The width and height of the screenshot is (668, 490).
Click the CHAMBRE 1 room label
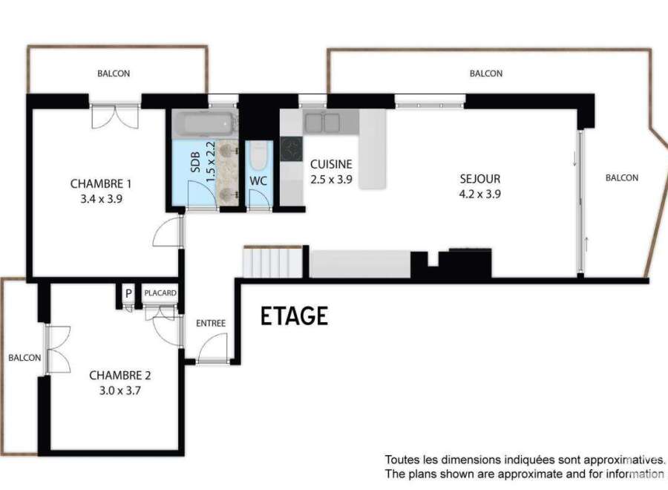point(100,183)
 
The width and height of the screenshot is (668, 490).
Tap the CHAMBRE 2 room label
point(119,376)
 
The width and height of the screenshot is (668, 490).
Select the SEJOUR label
point(479,178)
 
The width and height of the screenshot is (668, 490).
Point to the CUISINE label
point(331,164)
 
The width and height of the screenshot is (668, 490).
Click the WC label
point(258,180)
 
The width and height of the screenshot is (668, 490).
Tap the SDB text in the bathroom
point(195,162)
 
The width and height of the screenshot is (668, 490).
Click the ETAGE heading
point(294,316)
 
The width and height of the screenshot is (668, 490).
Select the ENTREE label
point(211,324)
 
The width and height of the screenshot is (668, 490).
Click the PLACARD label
point(160,293)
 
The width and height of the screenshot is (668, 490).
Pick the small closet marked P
point(128,294)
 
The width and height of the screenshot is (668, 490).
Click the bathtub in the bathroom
point(204,123)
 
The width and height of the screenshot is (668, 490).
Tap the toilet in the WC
point(258,155)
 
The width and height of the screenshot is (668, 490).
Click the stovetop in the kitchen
point(292,149)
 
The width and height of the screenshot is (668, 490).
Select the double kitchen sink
point(323,122)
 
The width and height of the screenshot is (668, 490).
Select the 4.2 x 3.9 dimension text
point(479,195)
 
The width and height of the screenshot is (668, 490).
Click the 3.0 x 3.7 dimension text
point(119,391)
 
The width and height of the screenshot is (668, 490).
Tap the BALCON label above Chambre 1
point(114,73)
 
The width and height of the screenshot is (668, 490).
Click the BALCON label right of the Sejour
point(622,177)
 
